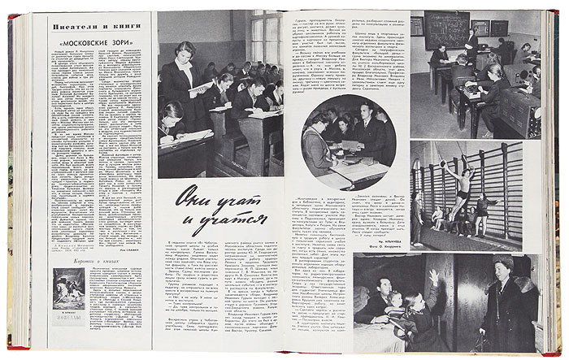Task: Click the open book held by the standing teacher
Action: (x=201, y=89)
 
